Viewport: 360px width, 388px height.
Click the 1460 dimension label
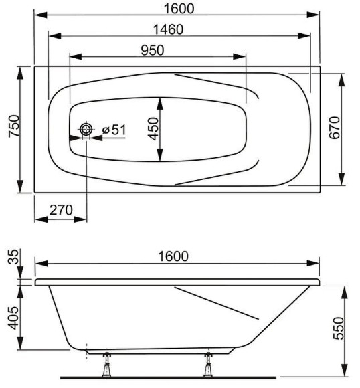169,29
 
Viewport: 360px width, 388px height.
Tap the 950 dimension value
153,50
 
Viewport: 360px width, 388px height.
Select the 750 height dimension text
14,126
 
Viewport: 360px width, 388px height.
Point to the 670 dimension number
335,128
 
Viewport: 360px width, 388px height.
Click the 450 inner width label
153,128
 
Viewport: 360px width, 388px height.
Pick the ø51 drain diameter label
114,130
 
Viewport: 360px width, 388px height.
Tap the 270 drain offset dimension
61,210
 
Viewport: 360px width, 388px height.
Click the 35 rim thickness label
13,257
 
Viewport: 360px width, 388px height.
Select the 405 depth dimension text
13,318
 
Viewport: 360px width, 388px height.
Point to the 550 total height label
339,328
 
